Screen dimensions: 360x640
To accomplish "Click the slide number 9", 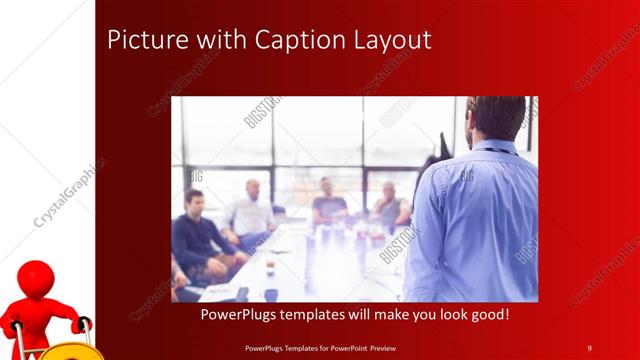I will (589, 347).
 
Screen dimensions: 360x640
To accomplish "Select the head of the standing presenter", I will (495, 118).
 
